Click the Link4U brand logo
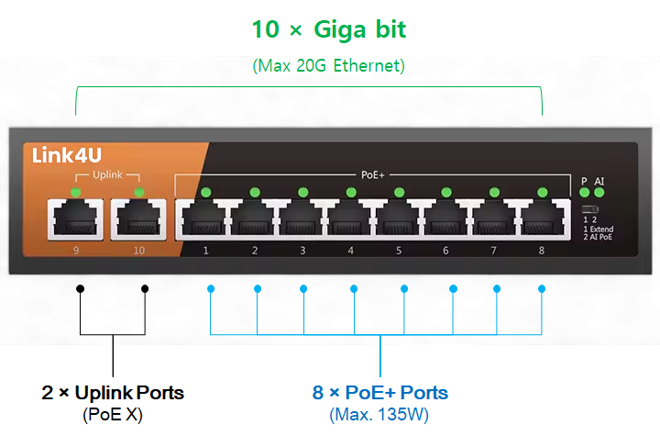pyautogui.click(x=65, y=155)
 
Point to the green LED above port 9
pyautogui.click(x=74, y=192)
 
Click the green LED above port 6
pyautogui.click(x=446, y=192)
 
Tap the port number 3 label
pyautogui.click(x=302, y=250)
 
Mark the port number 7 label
pyautogui.click(x=494, y=250)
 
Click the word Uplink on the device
pyautogui.click(x=107, y=174)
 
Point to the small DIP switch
pyautogui.click(x=589, y=210)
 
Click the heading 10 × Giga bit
pyautogui.click(x=329, y=29)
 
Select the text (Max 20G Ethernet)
pyautogui.click(x=328, y=66)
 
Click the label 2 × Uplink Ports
pyautogui.click(x=113, y=393)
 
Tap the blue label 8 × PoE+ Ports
pyautogui.click(x=379, y=393)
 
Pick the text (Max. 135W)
pyautogui.click(x=379, y=415)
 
